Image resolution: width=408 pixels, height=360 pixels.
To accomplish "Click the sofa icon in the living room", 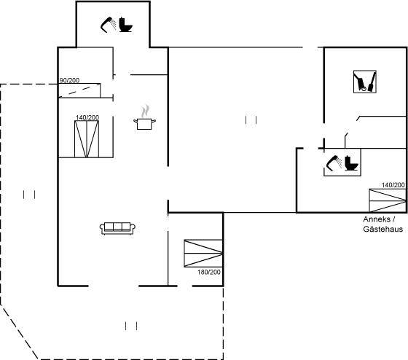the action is pos(117,229).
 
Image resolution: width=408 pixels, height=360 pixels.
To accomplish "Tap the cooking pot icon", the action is pos(145,117).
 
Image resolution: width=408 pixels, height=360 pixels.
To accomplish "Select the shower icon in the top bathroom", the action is pos(109,25).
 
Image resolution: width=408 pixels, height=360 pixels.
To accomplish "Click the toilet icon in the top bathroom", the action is pos(126,25).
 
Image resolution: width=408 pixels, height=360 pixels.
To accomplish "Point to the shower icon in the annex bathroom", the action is pos(334,163).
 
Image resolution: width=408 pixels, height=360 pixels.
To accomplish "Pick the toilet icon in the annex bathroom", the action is pos(351,163).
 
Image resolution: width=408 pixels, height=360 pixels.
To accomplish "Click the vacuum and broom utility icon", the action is pos(365,82).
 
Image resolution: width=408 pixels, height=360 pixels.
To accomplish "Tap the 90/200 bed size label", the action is pos(69,80).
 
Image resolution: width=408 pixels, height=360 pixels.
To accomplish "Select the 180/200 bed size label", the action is pos(209,273).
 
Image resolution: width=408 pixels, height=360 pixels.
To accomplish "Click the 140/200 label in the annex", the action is pos(393,185).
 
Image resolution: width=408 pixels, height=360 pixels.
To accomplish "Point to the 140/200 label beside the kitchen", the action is pos(87,117).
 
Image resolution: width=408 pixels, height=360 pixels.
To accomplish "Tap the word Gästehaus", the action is pos(383,229).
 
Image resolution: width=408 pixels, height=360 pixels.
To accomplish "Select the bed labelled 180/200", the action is pos(203,254).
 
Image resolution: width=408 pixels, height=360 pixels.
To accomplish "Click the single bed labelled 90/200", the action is pos(79,90).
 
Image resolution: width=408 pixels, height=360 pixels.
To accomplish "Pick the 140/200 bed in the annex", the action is pos(388,200).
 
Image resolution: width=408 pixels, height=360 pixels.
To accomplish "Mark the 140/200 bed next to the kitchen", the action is pos(87,139).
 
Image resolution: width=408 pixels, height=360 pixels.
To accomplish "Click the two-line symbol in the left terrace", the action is pos(29,195).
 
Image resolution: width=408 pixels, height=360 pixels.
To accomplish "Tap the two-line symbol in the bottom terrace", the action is pos(131,326).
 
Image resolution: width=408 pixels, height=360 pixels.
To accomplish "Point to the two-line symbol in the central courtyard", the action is pos(251,120).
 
